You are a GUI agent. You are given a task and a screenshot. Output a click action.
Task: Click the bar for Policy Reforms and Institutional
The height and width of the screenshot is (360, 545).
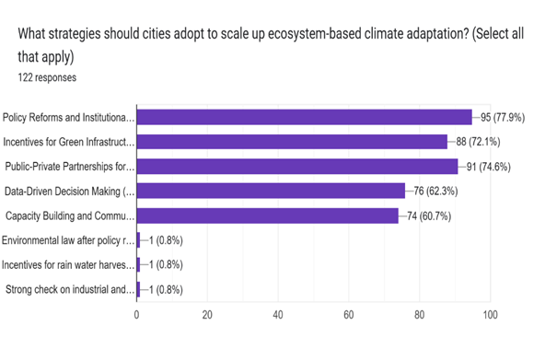point(304,117)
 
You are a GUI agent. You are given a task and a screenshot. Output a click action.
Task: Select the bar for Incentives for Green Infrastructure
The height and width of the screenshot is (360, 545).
point(292,142)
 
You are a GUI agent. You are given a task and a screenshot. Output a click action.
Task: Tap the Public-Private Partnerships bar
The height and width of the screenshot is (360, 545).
point(296,167)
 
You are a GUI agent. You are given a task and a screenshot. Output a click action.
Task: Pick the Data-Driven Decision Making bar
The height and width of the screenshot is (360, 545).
point(271,192)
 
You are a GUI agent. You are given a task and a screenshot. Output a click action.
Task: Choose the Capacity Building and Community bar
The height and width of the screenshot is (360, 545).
point(267,215)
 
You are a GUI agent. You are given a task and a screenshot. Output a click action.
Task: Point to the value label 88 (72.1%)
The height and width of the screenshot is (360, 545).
point(486,142)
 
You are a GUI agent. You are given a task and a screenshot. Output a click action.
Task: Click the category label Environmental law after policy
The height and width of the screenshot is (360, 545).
point(69,240)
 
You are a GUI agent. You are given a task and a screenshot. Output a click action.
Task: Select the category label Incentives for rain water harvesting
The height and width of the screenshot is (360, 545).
point(69,265)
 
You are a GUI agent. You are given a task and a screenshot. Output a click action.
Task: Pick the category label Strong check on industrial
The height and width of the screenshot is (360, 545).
point(69,290)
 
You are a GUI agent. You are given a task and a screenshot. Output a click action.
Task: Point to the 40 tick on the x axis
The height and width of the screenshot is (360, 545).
point(278,316)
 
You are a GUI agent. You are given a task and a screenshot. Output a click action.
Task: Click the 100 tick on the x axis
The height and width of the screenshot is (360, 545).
point(490,316)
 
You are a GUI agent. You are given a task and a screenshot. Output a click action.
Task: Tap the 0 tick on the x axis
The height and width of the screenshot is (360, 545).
point(137,316)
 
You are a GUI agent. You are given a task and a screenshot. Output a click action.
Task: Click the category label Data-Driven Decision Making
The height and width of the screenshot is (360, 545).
point(69,192)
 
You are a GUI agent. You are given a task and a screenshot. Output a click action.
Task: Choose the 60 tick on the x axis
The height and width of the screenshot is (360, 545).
point(349,316)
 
